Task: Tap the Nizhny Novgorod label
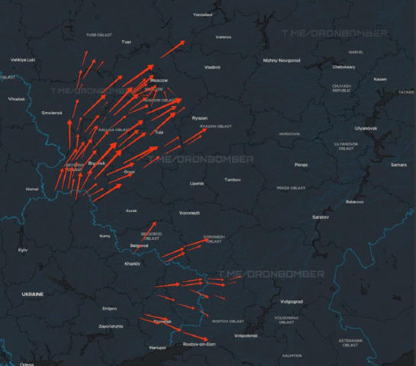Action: pyautogui.click(x=282, y=59)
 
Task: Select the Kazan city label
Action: pyautogui.click(x=380, y=79)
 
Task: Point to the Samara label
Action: pyautogui.click(x=398, y=165)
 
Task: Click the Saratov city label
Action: pyautogui.click(x=321, y=217)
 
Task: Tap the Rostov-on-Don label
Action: pyautogui.click(x=199, y=345)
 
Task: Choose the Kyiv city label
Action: pyautogui.click(x=23, y=249)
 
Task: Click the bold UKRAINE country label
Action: pyautogui.click(x=32, y=294)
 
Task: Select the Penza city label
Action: pyautogui.click(x=301, y=165)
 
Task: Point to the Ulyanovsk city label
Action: pyautogui.click(x=366, y=128)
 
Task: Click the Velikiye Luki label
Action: pyautogui.click(x=23, y=59)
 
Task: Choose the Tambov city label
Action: pyautogui.click(x=232, y=179)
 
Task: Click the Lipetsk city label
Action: pyautogui.click(x=197, y=184)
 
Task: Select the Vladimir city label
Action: pyautogui.click(x=213, y=67)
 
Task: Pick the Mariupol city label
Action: pyautogui.click(x=157, y=348)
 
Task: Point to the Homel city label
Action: pyautogui.click(x=31, y=188)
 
